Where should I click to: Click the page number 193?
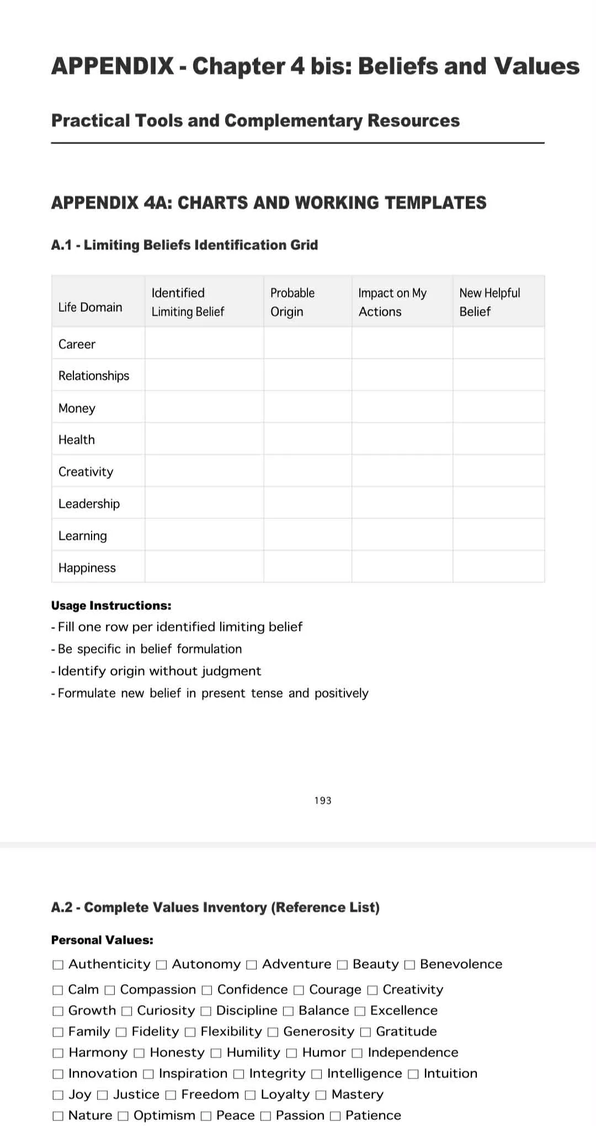(323, 800)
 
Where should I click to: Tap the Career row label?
(77, 344)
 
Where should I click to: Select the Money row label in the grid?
(77, 408)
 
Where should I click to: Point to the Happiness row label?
(87, 567)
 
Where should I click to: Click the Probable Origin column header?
(292, 302)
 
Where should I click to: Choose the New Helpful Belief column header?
(489, 302)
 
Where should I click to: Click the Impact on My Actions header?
(392, 302)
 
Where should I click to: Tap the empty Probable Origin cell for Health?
(307, 439)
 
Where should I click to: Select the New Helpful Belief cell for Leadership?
(498, 503)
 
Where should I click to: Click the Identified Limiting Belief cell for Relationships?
(204, 375)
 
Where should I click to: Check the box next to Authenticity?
(57, 965)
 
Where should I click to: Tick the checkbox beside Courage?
(299, 990)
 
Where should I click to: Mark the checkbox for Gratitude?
(365, 1032)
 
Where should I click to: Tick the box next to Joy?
(57, 1095)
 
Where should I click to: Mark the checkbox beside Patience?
(335, 1116)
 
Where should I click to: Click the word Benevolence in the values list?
(461, 964)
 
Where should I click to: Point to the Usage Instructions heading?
(111, 606)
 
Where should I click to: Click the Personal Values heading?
(102, 940)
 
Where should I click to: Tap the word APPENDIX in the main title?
(113, 66)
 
